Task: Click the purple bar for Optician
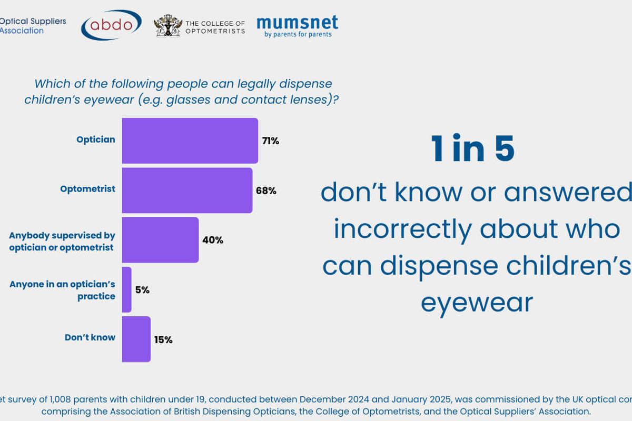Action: (190, 141)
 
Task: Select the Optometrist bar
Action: (187, 190)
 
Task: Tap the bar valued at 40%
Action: (160, 239)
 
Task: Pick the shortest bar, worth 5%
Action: (126, 289)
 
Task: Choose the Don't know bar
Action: (136, 339)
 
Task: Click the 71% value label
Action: (270, 141)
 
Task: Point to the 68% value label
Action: (266, 191)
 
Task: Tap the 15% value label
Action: (163, 339)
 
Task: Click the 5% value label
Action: (142, 290)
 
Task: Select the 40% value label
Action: (213, 240)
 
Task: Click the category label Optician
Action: (95, 139)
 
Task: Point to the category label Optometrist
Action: (87, 188)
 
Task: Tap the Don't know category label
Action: (90, 337)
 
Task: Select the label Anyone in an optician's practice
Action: (62, 290)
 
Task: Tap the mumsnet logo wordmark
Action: (297, 23)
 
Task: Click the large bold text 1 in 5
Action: (472, 149)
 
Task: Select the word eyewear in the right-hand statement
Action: (477, 303)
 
